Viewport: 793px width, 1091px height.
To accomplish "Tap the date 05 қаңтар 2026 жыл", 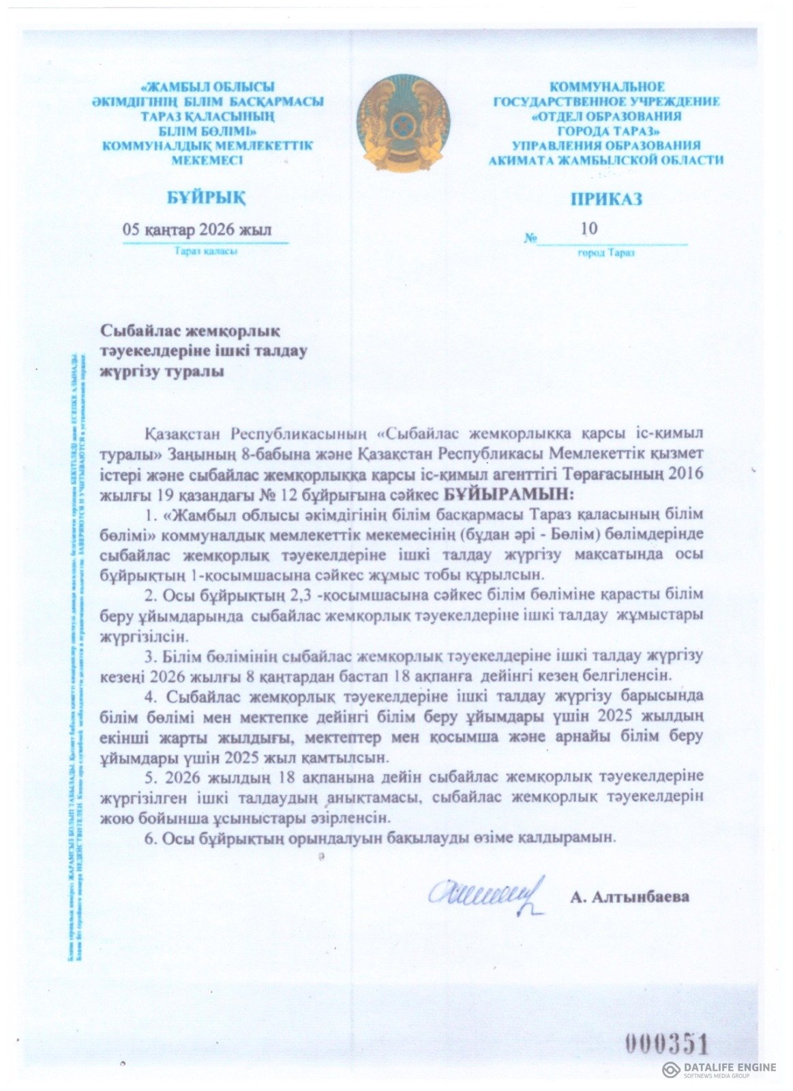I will (x=196, y=230).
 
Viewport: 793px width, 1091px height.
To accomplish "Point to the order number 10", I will (x=588, y=228).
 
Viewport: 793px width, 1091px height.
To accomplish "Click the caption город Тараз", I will (x=605, y=253).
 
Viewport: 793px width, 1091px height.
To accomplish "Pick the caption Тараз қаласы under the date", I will (x=205, y=252).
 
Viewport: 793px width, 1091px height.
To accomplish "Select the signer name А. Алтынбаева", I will (x=629, y=896).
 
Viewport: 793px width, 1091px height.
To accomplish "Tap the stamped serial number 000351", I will (x=667, y=1045).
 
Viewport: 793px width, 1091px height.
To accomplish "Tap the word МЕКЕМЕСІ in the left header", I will (x=207, y=160).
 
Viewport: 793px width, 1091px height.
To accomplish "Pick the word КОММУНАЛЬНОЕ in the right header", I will (x=607, y=87).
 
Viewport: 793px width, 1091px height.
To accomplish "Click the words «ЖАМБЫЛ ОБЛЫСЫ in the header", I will (x=207, y=87).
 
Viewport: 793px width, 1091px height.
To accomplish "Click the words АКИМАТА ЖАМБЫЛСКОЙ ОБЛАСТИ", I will (x=606, y=160).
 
